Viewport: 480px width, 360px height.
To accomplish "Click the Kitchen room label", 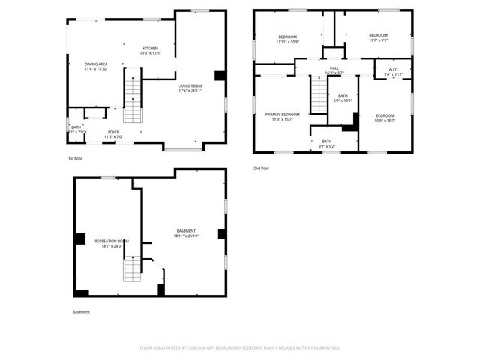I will [151, 49].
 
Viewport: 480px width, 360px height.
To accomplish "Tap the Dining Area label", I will [95, 64].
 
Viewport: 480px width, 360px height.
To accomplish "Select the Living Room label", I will [190, 86].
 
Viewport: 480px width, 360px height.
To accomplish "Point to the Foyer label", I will [112, 132].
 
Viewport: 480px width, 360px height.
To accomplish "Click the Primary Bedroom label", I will [282, 114].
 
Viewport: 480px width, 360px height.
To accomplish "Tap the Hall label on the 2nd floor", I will [335, 68].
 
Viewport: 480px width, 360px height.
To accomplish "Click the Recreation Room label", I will [111, 241].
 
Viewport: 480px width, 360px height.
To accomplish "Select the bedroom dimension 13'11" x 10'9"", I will [288, 42].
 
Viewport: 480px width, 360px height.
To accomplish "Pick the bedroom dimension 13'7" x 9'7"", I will [378, 40].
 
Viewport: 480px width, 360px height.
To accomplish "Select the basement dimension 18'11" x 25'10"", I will [186, 235].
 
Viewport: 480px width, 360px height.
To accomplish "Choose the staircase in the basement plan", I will [132, 267].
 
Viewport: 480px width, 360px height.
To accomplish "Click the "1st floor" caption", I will [75, 159].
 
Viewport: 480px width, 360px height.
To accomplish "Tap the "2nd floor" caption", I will [261, 169].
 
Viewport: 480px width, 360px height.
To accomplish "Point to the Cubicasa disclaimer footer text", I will [240, 348].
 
